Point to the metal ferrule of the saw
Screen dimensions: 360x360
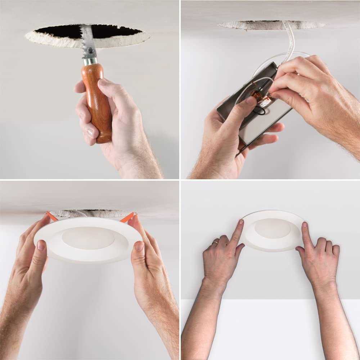[90, 60]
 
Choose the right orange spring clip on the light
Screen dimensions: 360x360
[127, 217]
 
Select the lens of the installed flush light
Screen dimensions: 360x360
[272, 228]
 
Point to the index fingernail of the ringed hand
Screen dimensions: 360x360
[240, 223]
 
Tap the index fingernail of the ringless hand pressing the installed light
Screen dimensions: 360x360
[305, 225]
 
